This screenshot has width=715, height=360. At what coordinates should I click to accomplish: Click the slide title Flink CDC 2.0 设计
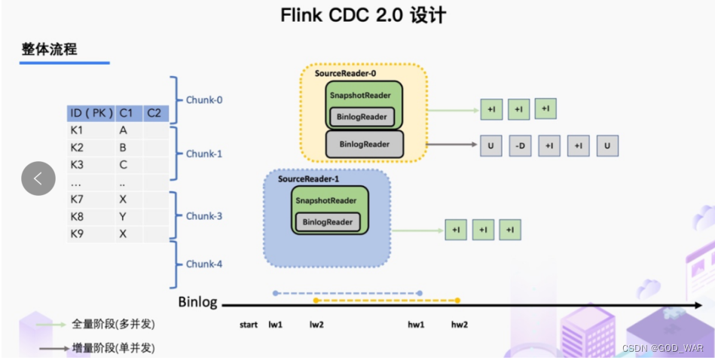(x=357, y=15)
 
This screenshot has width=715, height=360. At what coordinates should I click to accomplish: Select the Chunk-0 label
(x=204, y=99)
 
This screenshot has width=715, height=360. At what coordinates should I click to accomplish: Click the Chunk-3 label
(x=204, y=216)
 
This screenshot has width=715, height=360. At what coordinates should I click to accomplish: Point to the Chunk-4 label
(x=204, y=264)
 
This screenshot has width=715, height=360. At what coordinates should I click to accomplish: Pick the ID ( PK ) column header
(x=90, y=113)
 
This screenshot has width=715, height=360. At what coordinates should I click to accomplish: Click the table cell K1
(x=77, y=130)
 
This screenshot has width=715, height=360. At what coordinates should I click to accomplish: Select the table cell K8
(x=77, y=216)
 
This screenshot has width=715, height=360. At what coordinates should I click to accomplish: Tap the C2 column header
(x=154, y=113)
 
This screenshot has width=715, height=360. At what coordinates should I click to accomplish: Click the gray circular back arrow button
(x=38, y=178)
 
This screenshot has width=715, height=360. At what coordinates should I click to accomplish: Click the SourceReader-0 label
(x=345, y=74)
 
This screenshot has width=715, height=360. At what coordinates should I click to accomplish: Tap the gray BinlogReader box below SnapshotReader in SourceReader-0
(x=365, y=143)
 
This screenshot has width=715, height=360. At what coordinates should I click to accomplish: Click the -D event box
(x=520, y=145)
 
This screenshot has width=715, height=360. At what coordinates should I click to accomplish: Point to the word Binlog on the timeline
(x=197, y=303)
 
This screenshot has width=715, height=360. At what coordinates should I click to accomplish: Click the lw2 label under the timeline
(x=316, y=325)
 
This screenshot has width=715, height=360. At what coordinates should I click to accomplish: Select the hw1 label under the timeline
(x=417, y=325)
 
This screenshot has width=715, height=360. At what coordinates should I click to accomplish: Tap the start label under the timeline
(x=249, y=325)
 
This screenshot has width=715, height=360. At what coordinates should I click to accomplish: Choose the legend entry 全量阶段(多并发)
(x=112, y=324)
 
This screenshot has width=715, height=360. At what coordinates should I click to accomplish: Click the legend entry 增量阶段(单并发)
(x=112, y=348)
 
